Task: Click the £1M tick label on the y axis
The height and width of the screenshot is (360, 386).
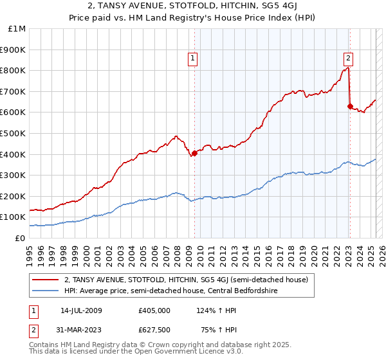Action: pyautogui.click(x=17, y=28)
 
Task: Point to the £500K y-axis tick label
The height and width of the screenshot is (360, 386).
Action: pyautogui.click(x=13, y=133)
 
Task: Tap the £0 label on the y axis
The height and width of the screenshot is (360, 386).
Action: pyautogui.click(x=20, y=238)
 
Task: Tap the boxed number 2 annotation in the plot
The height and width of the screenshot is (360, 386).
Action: pyautogui.click(x=348, y=57)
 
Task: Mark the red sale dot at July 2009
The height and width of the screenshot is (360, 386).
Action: pyautogui.click(x=195, y=153)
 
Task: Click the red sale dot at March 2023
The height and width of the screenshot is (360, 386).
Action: pyautogui.click(x=351, y=106)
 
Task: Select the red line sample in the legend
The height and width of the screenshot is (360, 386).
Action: pyautogui.click(x=46, y=280)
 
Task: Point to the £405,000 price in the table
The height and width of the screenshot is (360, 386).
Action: pyautogui.click(x=154, y=310)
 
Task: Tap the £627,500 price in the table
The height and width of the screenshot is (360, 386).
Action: pyautogui.click(x=154, y=330)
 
